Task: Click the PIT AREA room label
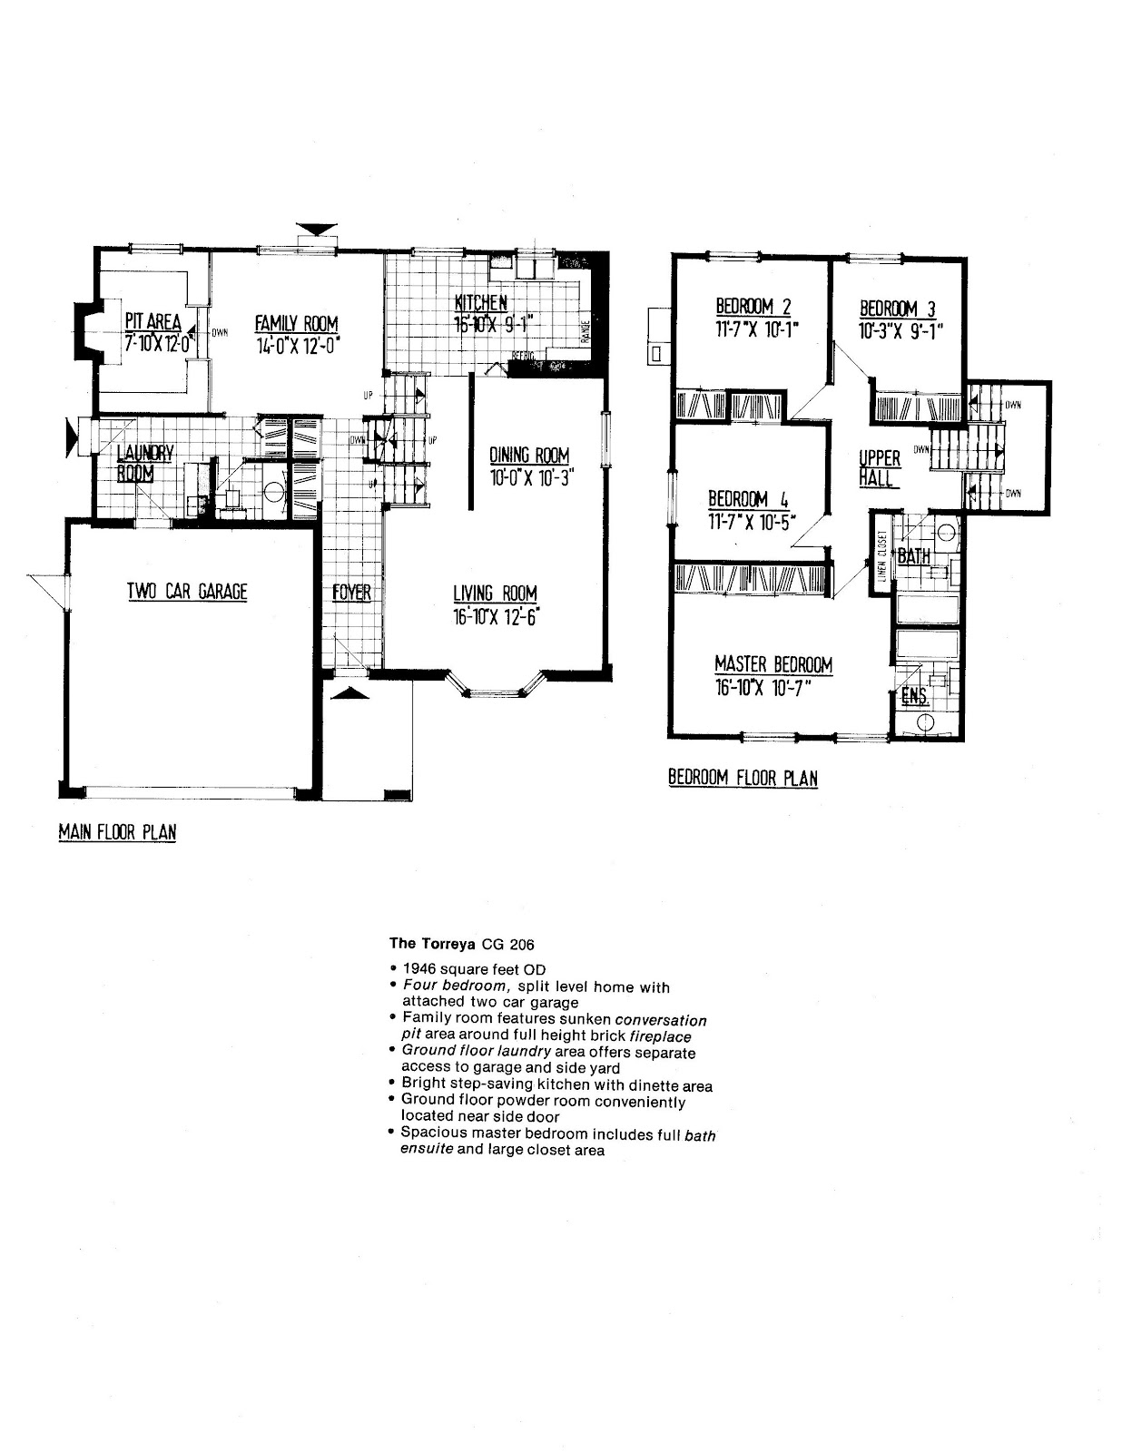(x=153, y=321)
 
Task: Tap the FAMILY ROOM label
(x=296, y=323)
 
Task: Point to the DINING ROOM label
(x=529, y=455)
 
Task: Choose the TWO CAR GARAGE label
(x=187, y=592)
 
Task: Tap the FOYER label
(x=351, y=593)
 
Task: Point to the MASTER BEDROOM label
(x=773, y=664)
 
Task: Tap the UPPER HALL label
(x=879, y=467)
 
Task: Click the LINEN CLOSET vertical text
(x=881, y=554)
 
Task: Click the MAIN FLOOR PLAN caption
(x=117, y=832)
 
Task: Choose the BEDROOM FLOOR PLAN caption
(x=743, y=778)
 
